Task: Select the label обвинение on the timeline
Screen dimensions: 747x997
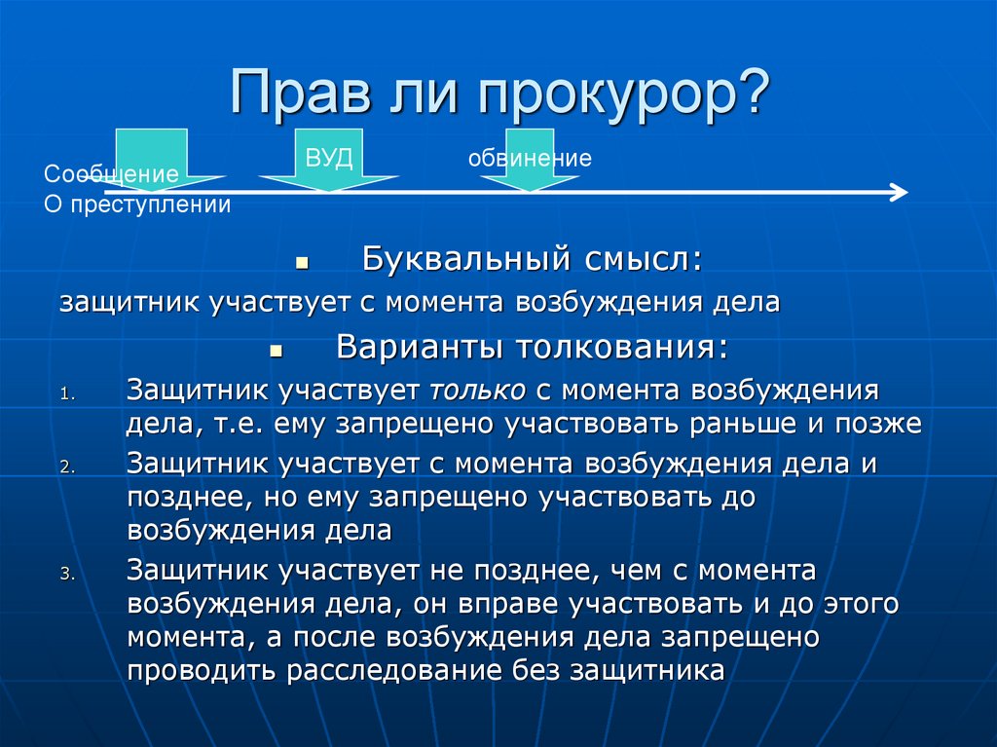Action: pos(530,158)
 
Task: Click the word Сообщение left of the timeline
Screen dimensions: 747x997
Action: pos(111,175)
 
